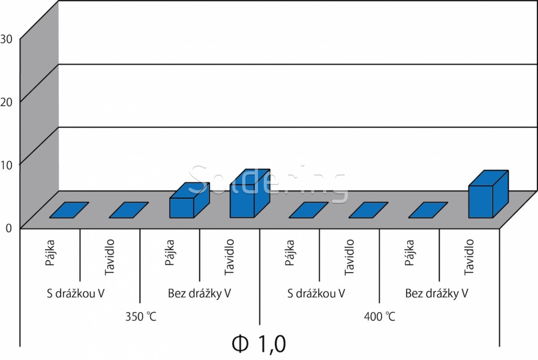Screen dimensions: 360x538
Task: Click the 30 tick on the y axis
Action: point(7,38)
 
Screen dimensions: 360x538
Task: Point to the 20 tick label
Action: point(7,101)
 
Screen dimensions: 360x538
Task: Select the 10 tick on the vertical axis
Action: point(7,164)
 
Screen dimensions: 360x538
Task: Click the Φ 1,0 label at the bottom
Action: point(259,344)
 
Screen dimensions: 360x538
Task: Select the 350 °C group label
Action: point(141,317)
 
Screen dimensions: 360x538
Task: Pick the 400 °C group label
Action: point(379,317)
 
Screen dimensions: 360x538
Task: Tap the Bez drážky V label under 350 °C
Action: point(200,293)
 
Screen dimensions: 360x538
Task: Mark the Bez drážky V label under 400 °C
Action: point(437,293)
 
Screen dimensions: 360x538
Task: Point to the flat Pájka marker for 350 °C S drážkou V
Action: point(69,210)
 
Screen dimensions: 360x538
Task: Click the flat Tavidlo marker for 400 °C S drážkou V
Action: point(368,210)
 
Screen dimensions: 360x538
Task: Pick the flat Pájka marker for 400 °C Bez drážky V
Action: point(428,210)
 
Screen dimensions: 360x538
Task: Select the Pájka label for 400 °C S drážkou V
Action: point(290,253)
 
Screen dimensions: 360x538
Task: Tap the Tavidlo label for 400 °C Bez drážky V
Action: point(470,257)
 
